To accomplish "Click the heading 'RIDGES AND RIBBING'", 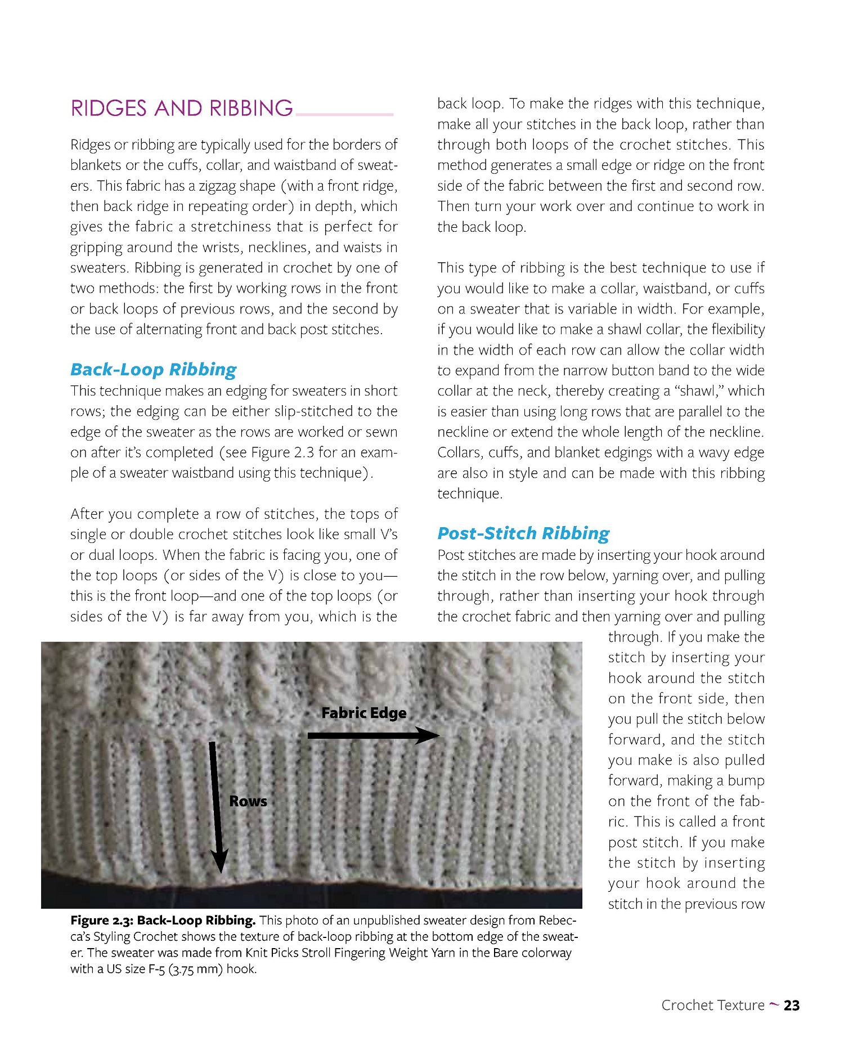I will [181, 108].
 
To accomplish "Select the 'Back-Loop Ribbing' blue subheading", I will [153, 370].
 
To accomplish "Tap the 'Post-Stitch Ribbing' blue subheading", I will [523, 533].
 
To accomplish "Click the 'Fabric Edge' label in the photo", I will [363, 713].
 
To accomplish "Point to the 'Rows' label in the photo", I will [248, 801].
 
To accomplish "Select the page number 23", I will [792, 1005].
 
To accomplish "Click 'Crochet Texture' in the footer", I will [712, 1005].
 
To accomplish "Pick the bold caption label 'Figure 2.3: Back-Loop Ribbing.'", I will [163, 921].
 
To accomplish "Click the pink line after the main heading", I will [344, 114].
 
